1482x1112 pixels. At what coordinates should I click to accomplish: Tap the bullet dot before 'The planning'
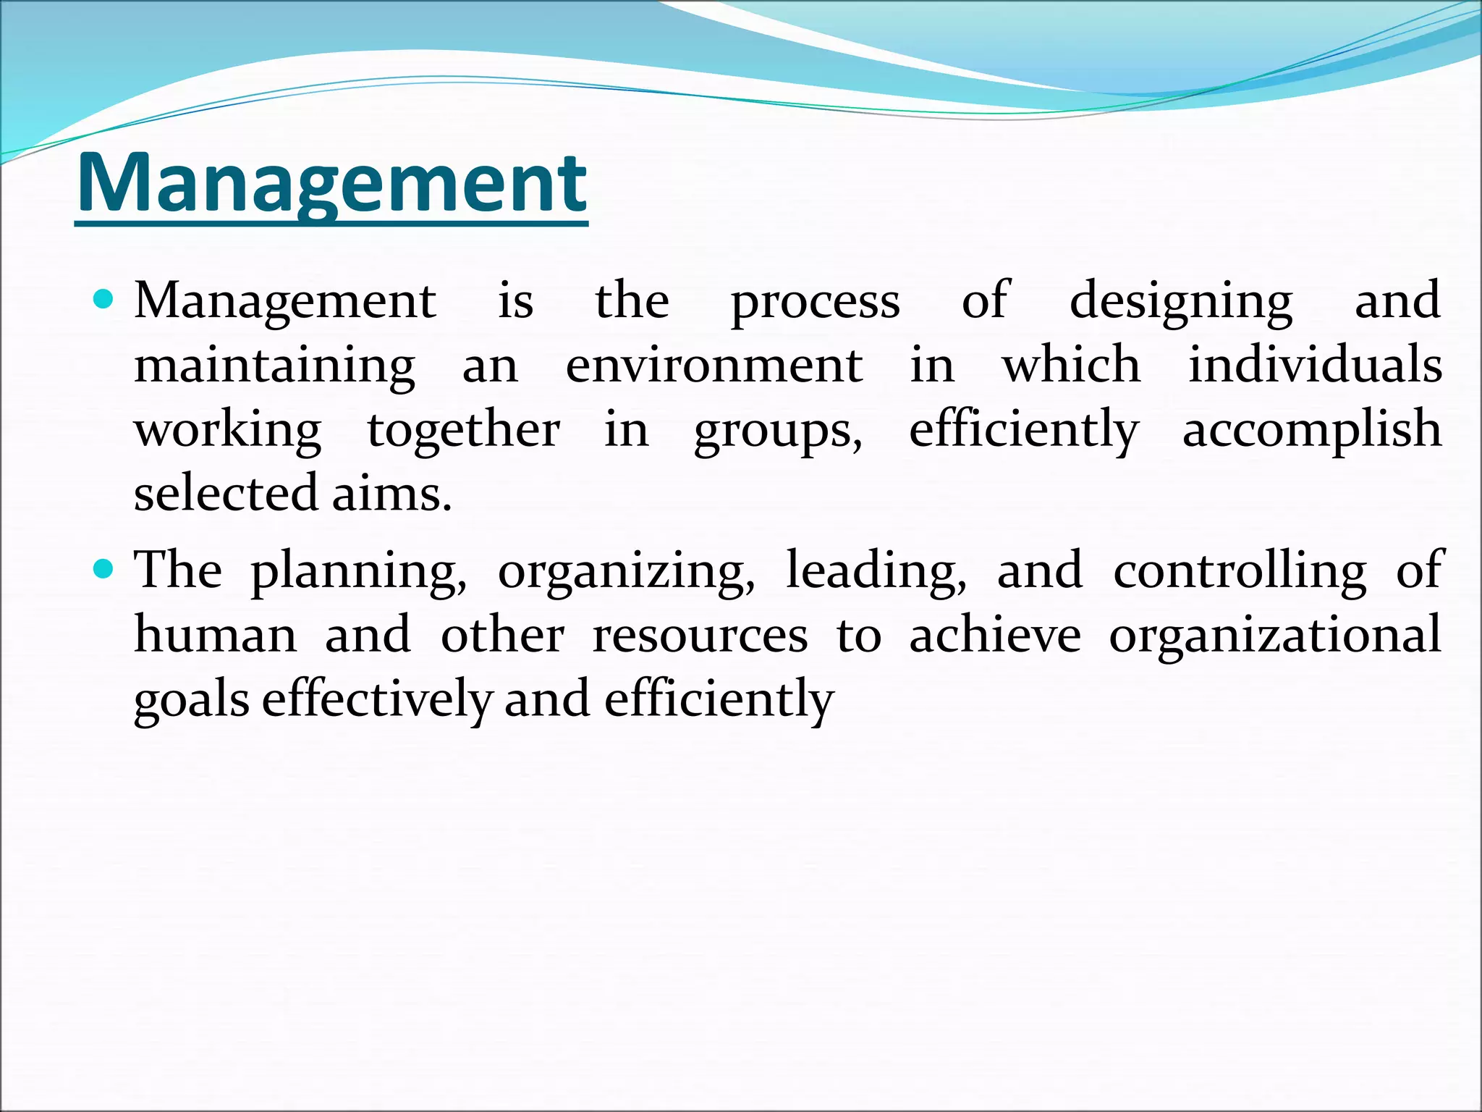(x=104, y=570)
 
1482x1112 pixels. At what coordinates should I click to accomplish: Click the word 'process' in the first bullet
(x=815, y=303)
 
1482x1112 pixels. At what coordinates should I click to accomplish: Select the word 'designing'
(x=1181, y=303)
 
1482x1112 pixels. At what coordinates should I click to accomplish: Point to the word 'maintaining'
(x=275, y=366)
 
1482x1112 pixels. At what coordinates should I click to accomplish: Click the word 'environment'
(x=714, y=365)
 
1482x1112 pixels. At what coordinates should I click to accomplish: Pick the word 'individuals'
(x=1315, y=365)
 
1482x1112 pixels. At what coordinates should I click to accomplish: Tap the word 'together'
(x=463, y=430)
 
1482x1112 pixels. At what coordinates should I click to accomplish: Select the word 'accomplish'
(x=1311, y=430)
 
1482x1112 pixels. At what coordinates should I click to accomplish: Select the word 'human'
(x=216, y=635)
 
